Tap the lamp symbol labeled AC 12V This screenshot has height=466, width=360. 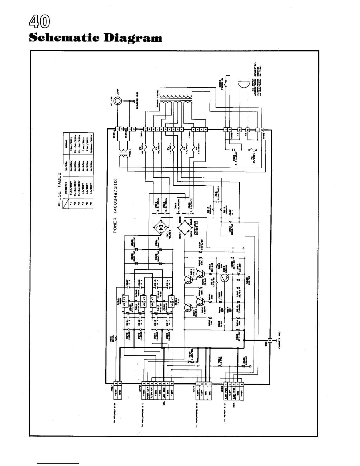[117, 101]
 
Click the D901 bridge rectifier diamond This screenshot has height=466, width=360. [160, 227]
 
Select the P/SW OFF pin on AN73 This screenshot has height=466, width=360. [148, 388]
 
